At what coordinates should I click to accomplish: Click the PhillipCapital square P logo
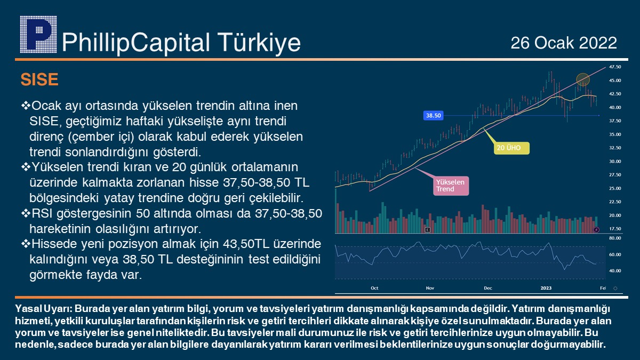click(x=38, y=34)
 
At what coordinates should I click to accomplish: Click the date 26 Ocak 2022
click(x=564, y=43)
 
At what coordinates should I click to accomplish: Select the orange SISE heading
click(x=39, y=79)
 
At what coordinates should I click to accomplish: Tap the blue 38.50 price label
click(x=433, y=115)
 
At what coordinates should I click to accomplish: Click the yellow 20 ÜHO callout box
click(x=511, y=148)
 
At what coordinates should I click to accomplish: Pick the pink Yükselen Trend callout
click(x=451, y=186)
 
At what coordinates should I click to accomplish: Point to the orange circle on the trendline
click(x=583, y=79)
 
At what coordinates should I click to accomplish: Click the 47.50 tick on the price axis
click(x=615, y=67)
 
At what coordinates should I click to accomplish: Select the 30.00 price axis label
click(x=615, y=162)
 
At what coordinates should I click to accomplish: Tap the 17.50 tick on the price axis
click(x=615, y=229)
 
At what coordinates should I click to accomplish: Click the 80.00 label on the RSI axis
click(x=615, y=238)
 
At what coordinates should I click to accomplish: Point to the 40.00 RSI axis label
click(x=615, y=270)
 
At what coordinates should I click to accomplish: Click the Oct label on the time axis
click(x=374, y=288)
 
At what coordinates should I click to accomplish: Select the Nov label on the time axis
click(x=430, y=288)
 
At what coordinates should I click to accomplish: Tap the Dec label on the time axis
click(x=488, y=288)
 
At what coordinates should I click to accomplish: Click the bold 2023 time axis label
click(x=546, y=288)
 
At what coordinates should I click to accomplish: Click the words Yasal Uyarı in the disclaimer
click(x=44, y=309)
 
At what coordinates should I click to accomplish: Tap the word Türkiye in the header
click(x=259, y=43)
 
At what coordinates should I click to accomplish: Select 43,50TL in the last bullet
click(x=246, y=244)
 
